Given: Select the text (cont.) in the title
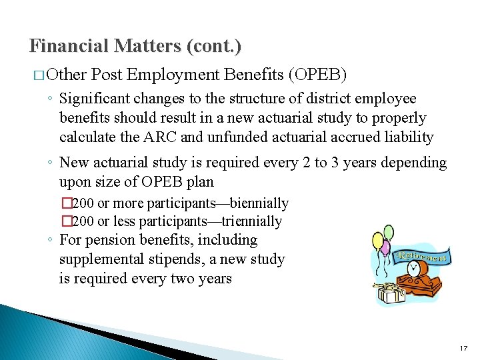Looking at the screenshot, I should coord(215,46).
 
